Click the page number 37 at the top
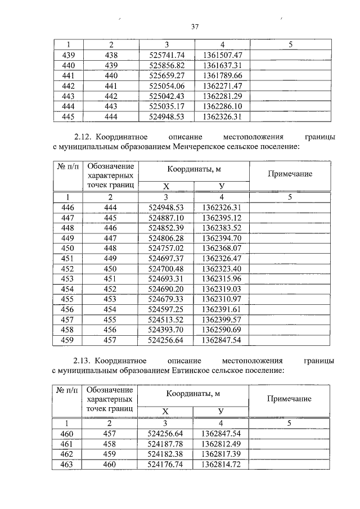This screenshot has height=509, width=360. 195,26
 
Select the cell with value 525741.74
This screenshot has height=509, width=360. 166,55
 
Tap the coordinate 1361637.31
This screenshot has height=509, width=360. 222,65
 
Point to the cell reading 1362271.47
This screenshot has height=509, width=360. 222,86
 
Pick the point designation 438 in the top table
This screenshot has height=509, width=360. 110,55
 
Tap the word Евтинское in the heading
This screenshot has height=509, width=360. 201,371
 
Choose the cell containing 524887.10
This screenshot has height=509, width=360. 166,218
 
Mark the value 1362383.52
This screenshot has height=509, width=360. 222,228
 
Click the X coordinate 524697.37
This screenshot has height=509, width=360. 166,259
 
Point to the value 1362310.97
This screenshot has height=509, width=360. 222,299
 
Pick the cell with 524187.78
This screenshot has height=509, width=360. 166,444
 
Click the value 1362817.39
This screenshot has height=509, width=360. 222,454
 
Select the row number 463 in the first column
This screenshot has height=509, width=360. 67,465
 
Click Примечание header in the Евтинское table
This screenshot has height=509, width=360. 289,398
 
